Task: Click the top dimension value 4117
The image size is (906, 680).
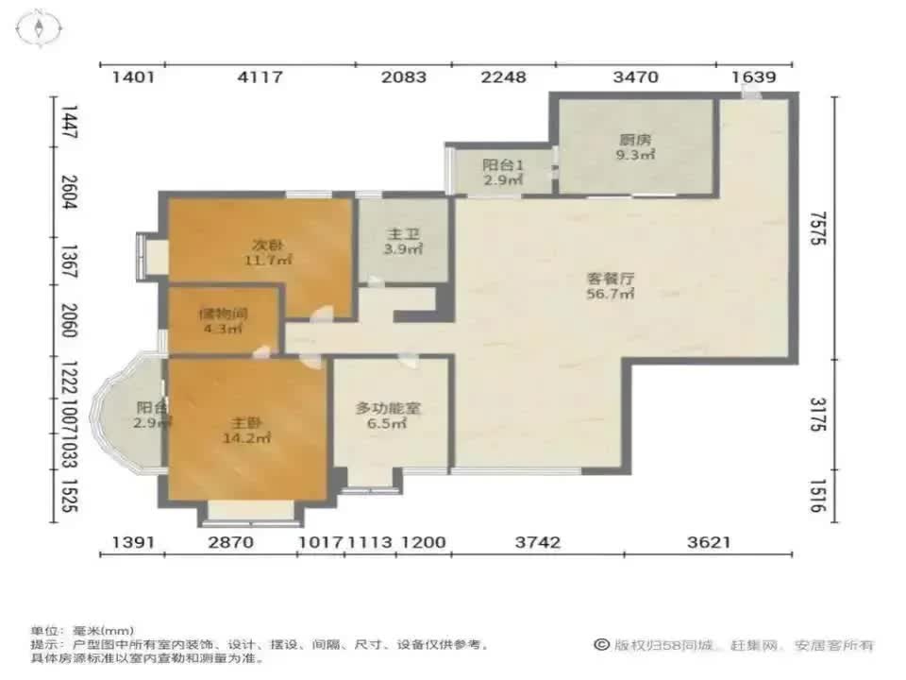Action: (260, 77)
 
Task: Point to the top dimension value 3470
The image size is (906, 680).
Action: (635, 77)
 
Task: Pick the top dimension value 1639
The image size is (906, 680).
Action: (752, 77)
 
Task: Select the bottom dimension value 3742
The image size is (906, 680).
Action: (538, 542)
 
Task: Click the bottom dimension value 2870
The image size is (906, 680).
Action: (230, 542)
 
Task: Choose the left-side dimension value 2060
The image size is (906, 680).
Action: (65, 322)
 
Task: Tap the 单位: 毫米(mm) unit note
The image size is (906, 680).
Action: (82, 630)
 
